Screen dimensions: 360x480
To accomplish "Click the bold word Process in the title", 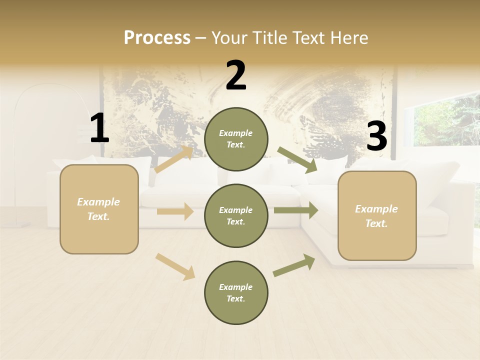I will coord(157,38).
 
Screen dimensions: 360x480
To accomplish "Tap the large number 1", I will coord(99,128).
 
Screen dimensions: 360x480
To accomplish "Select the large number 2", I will coord(236,75).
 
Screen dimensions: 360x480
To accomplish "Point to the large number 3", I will coord(376,136).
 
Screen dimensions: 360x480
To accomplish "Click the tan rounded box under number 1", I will coord(99,209).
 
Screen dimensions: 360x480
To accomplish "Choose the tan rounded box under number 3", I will coord(377,216).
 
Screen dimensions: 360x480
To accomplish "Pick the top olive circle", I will coord(236,139).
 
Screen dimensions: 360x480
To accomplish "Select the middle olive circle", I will coord(236,216).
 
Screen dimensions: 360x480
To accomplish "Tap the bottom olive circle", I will coord(236,293).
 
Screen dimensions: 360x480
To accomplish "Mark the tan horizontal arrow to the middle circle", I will coord(175,211).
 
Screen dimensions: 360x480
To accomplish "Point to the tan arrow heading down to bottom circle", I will coord(175,266).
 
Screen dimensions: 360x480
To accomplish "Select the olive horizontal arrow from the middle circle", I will coord(295,210).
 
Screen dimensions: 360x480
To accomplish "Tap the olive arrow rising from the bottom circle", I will coord(294,265).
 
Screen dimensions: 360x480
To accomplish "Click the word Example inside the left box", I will coord(98,202).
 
